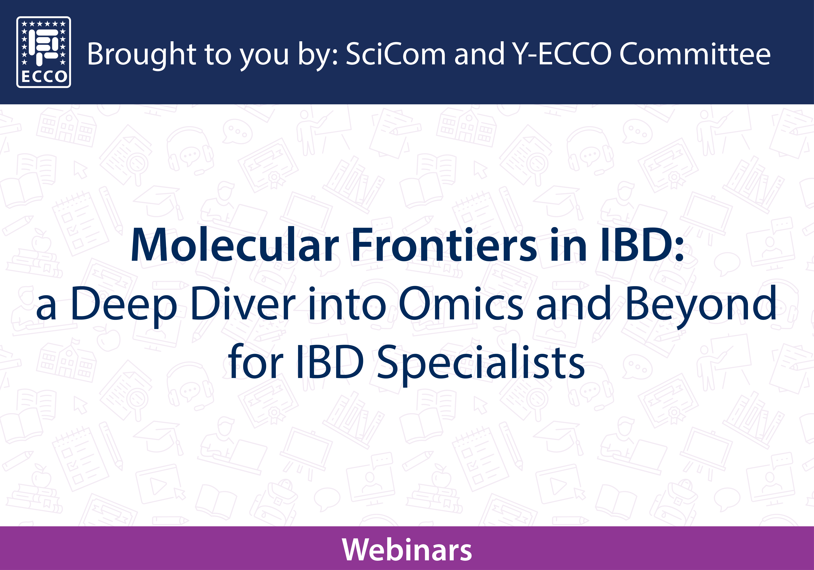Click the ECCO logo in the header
[44, 52]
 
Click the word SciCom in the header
[396, 54]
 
